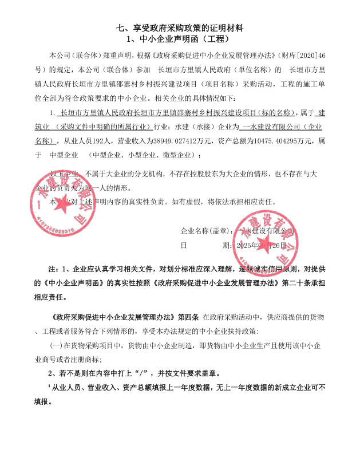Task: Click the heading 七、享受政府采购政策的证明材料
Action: [180, 27]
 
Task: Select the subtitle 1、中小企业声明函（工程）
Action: [180, 39]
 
